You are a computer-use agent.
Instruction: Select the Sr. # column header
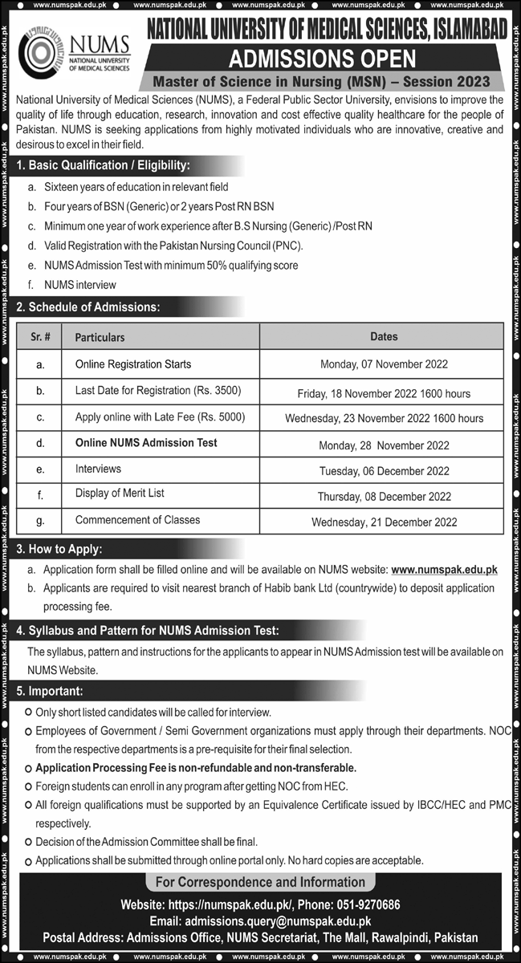click(x=40, y=337)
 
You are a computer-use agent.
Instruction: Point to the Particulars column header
click(x=100, y=337)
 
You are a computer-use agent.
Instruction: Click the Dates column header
click(x=384, y=336)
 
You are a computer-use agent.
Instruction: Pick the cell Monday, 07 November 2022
click(x=384, y=364)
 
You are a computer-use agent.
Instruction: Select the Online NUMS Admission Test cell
click(x=146, y=442)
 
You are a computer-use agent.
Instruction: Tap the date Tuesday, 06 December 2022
click(x=384, y=470)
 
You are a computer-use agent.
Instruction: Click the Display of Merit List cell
click(x=120, y=493)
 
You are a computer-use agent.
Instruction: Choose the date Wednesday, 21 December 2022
click(x=384, y=522)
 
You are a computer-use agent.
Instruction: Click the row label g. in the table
click(x=40, y=520)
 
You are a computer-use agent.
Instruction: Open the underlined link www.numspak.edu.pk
click(x=444, y=569)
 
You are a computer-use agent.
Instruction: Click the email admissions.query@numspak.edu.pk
click(x=278, y=921)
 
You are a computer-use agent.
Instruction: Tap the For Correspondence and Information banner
click(x=260, y=883)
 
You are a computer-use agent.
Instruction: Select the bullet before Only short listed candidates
click(x=28, y=712)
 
